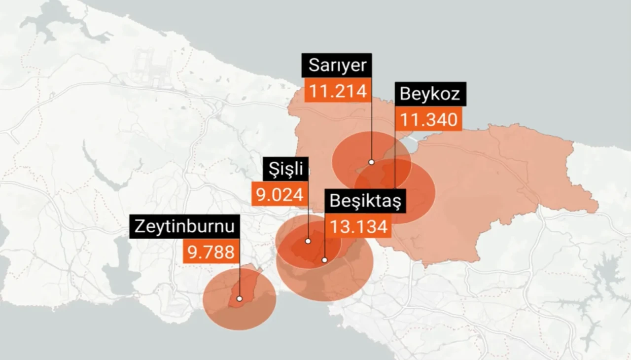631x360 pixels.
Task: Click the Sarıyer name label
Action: (337, 65)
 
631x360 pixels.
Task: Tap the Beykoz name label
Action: (430, 94)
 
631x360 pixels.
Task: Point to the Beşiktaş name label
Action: (365, 201)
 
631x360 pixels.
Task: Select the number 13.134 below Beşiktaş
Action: (358, 226)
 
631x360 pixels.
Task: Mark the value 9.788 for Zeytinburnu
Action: (211, 252)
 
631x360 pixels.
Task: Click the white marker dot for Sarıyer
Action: (371, 162)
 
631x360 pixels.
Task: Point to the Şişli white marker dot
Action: (308, 241)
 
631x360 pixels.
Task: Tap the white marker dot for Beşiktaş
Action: (324, 259)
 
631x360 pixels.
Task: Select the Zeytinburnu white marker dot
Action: (239, 298)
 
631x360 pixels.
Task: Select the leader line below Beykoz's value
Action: (395, 158)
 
